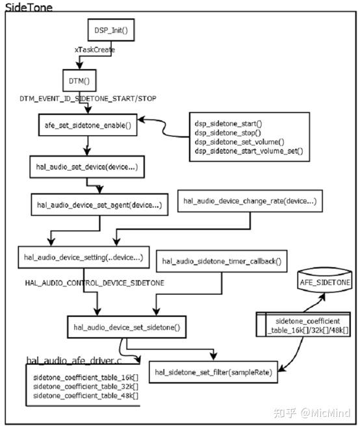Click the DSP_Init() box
click(x=111, y=30)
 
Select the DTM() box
click(x=79, y=81)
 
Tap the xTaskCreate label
click(x=94, y=49)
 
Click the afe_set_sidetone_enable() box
click(x=88, y=125)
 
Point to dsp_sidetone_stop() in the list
click(x=228, y=132)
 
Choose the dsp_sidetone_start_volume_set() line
click(x=249, y=151)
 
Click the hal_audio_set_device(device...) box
click(x=87, y=167)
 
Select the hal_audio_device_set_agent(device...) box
click(x=99, y=205)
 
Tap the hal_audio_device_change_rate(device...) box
click(x=250, y=201)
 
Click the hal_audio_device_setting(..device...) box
click(x=84, y=257)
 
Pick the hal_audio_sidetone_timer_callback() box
click(x=222, y=261)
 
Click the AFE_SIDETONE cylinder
click(x=324, y=281)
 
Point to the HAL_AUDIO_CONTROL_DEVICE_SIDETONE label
click(x=94, y=283)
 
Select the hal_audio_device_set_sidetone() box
click(x=127, y=327)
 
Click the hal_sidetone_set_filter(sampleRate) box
click(x=213, y=372)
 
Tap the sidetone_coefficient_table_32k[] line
click(x=86, y=386)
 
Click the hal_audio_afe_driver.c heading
click(x=73, y=360)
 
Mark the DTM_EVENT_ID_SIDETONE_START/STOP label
click(x=88, y=99)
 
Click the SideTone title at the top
click(x=29, y=7)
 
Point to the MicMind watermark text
click(x=326, y=412)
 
